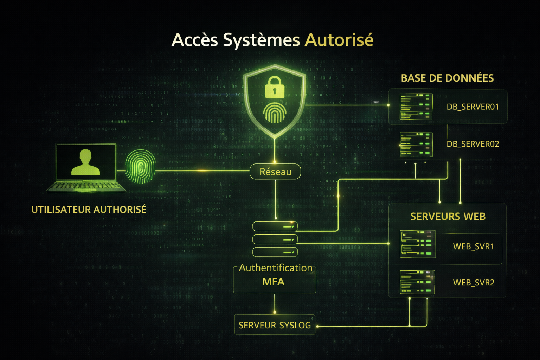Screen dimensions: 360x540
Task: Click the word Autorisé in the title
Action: click(x=339, y=39)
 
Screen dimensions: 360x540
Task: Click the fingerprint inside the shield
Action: click(x=275, y=112)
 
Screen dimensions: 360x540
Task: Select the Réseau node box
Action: click(x=275, y=172)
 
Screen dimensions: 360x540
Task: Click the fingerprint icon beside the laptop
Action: click(x=140, y=167)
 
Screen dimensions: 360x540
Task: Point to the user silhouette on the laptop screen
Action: click(x=85, y=162)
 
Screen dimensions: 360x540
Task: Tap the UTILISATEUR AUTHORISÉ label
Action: click(x=89, y=210)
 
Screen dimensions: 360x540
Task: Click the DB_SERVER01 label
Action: click(x=472, y=107)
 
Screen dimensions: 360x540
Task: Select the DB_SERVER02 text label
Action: click(x=472, y=144)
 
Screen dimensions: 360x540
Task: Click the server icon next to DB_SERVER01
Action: click(x=416, y=106)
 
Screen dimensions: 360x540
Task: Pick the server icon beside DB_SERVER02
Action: click(x=416, y=144)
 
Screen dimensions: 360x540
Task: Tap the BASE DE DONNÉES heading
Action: click(x=447, y=78)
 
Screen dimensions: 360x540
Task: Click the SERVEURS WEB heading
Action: click(x=448, y=216)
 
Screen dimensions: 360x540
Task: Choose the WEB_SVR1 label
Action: click(x=473, y=246)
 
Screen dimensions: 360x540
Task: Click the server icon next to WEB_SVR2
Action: click(x=417, y=282)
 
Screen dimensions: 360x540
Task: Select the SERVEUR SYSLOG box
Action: click(x=275, y=325)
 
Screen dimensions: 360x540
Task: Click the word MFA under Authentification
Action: click(x=273, y=282)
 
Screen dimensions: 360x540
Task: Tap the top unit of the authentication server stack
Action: click(x=275, y=226)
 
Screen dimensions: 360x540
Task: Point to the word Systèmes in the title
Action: click(x=261, y=39)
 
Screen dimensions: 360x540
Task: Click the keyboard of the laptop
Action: click(x=85, y=186)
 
